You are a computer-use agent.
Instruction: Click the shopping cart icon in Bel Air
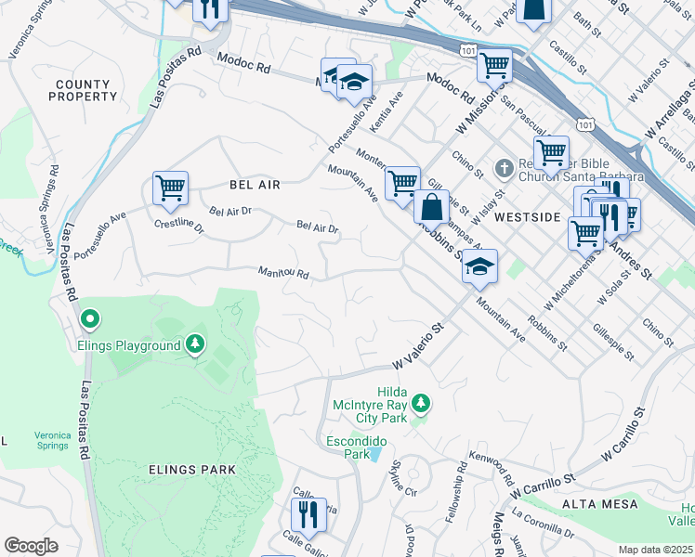(171, 188)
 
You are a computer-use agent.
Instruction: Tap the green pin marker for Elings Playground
(90, 320)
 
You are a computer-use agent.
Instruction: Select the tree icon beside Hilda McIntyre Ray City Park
(421, 402)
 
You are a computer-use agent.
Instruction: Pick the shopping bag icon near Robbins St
(431, 208)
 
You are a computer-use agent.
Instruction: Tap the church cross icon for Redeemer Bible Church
(504, 169)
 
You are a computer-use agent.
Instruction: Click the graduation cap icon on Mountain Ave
(479, 267)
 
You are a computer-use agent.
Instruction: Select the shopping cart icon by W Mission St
(494, 66)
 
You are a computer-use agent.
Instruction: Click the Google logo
(31, 546)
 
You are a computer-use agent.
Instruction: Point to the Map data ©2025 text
(656, 550)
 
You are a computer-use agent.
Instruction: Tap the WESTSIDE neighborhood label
(527, 216)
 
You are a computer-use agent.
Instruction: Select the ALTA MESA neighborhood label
(600, 503)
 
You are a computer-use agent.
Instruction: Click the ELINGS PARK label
(192, 470)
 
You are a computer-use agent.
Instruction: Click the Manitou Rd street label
(282, 273)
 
